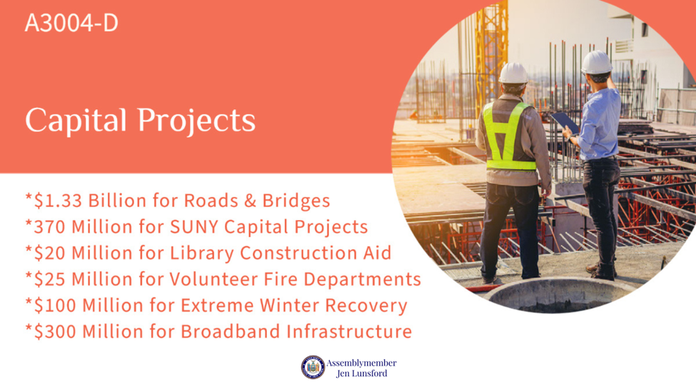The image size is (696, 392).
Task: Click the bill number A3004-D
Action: tap(71, 23)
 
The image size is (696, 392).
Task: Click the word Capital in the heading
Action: tap(76, 121)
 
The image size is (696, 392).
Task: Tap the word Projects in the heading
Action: tap(196, 121)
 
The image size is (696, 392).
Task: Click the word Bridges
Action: tap(296, 201)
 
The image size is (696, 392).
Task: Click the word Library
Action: tap(202, 253)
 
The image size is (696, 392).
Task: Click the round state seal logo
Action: tap(313, 367)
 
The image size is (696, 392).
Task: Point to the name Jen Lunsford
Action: tap(362, 373)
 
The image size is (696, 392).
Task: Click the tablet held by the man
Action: tap(565, 122)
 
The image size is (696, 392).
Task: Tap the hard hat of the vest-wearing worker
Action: tap(513, 74)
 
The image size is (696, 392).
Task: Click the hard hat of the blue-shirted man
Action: tap(597, 62)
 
